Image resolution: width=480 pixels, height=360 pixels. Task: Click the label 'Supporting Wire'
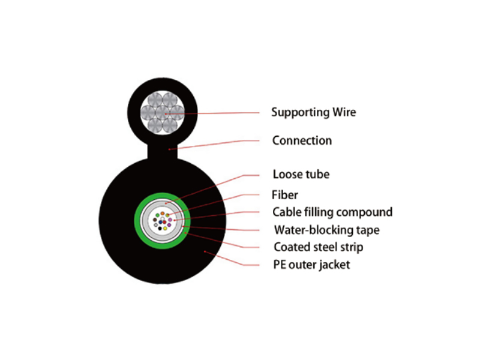coord(313,112)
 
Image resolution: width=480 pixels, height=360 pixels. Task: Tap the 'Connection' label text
coord(302,140)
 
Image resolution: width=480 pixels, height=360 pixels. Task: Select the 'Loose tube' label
coord(301,174)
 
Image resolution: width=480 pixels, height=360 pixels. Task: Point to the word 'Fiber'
coord(284,194)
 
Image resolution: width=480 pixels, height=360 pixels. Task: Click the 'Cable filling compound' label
coord(332,212)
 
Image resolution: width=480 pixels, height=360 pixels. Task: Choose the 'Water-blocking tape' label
coord(327,230)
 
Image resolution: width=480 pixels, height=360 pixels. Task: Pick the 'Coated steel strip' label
coord(319,247)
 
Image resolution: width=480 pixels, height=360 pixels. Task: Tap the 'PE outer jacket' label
coord(311,265)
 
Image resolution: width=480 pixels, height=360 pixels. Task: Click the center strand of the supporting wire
coord(163,113)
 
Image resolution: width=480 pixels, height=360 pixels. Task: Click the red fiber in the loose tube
coord(164,222)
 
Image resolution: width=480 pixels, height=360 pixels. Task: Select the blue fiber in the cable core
coord(160,222)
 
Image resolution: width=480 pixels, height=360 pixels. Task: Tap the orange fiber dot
coord(163,214)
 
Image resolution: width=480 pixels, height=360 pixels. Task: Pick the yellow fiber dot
coord(166,229)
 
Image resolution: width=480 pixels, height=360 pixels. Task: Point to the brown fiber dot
coord(155,220)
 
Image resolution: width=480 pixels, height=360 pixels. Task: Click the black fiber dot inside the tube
coord(160,229)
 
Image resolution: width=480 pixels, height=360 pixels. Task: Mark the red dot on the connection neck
coord(169,149)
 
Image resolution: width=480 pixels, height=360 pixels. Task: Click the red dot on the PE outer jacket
coord(205,251)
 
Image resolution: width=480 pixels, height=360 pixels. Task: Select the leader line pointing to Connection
coord(214,144)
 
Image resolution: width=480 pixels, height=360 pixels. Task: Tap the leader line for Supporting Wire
coord(212,113)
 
